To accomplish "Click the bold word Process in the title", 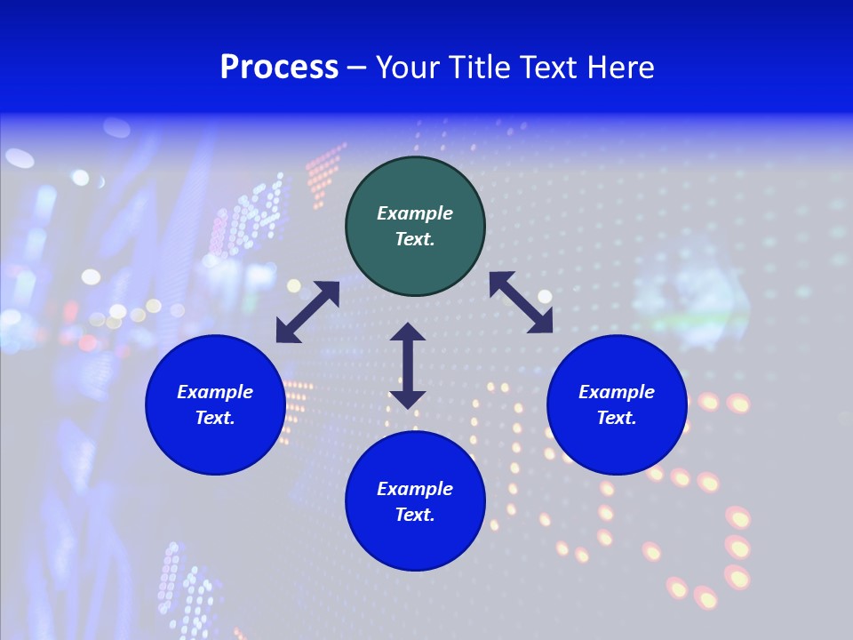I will [x=279, y=68].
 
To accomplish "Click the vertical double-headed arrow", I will [x=408, y=365].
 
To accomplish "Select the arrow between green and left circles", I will [x=307, y=312].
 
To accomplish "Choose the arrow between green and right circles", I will [x=521, y=302].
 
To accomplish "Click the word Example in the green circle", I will [x=415, y=213].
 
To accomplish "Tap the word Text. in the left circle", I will [x=215, y=418].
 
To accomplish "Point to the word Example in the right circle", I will [x=617, y=392].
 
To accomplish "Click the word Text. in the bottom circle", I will [x=415, y=515].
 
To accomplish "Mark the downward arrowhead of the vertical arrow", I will [x=408, y=398].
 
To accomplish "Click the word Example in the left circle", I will [x=215, y=392].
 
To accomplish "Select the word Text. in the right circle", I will [x=617, y=418].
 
